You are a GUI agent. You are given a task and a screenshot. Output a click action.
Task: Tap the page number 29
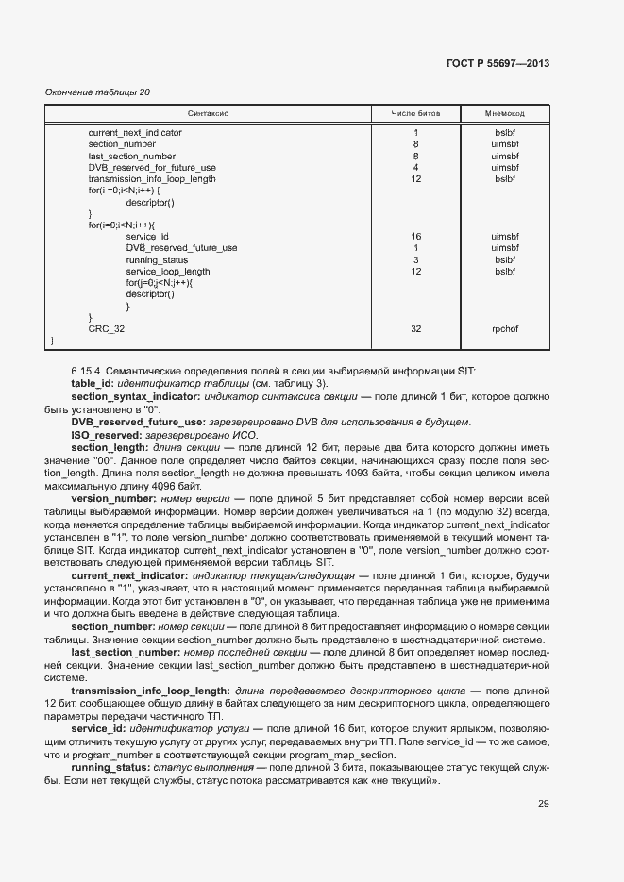(x=543, y=804)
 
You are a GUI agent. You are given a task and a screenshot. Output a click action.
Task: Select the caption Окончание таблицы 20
(x=97, y=92)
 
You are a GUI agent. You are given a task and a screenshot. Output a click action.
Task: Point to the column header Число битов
(x=415, y=113)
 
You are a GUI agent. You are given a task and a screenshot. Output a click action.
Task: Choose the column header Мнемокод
(x=504, y=113)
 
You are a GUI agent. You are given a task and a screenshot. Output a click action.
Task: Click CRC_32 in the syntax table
(x=106, y=329)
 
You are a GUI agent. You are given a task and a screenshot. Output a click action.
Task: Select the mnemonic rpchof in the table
(x=504, y=329)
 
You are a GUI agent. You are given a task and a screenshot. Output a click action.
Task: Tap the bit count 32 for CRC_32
(x=415, y=329)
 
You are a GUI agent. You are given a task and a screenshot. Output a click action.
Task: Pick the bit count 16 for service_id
(x=415, y=237)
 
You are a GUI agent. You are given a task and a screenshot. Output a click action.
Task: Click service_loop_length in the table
(x=168, y=271)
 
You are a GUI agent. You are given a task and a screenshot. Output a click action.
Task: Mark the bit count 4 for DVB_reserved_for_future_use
(x=415, y=168)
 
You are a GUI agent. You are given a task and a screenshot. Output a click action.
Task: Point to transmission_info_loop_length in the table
(x=151, y=179)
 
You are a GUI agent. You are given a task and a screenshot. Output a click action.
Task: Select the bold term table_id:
(x=92, y=384)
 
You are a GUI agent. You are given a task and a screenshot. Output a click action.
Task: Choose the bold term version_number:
(x=113, y=497)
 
